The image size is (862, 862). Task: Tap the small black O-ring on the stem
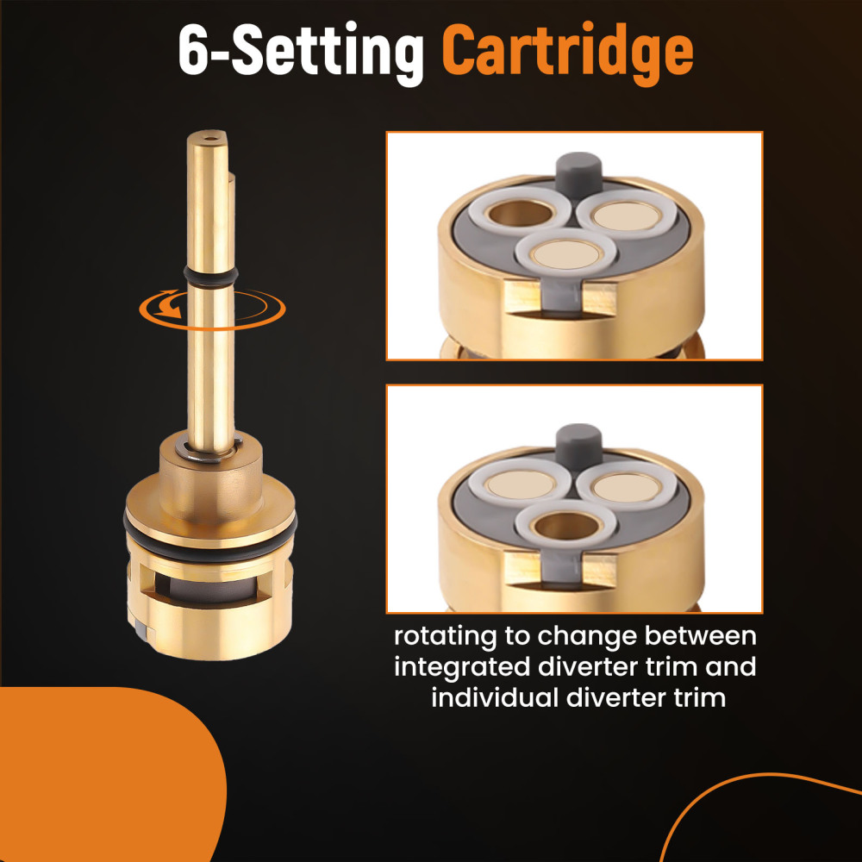pyautogui.click(x=211, y=274)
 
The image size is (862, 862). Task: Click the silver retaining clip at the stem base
pyautogui.click(x=210, y=447)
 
